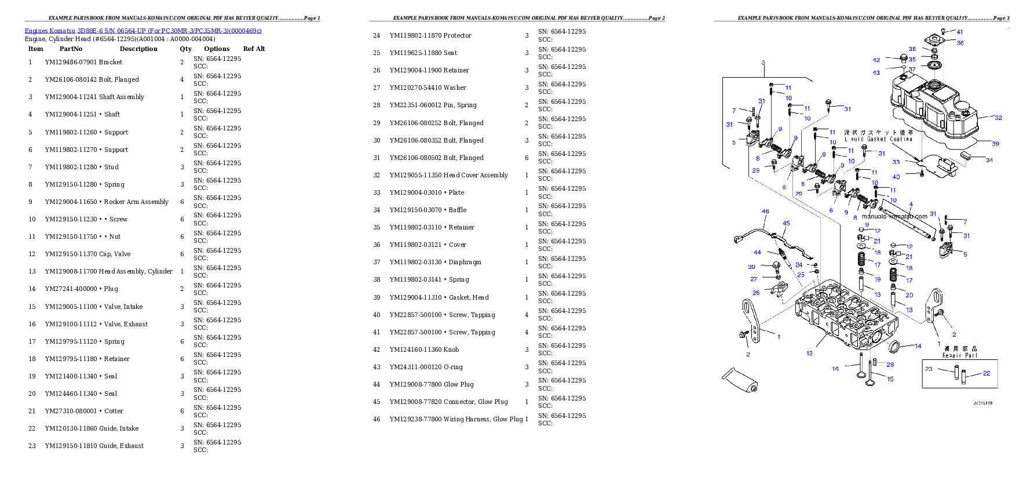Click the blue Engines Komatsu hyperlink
tap(143, 31)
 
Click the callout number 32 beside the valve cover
tap(998, 118)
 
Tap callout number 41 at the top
tap(960, 32)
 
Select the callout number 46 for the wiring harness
tap(765, 212)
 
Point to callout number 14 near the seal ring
tap(918, 346)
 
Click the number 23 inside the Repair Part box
tap(929, 369)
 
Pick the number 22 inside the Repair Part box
tap(986, 373)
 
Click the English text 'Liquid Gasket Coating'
tap(878, 139)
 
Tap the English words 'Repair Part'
tap(959, 355)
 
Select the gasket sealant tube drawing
tap(740, 379)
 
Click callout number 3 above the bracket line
tap(763, 63)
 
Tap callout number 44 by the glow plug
tap(757, 252)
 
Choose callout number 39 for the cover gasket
tap(995, 144)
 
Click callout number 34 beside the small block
tap(989, 160)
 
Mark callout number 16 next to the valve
tap(835, 369)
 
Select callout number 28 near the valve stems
tap(890, 365)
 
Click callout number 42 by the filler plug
tap(876, 60)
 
